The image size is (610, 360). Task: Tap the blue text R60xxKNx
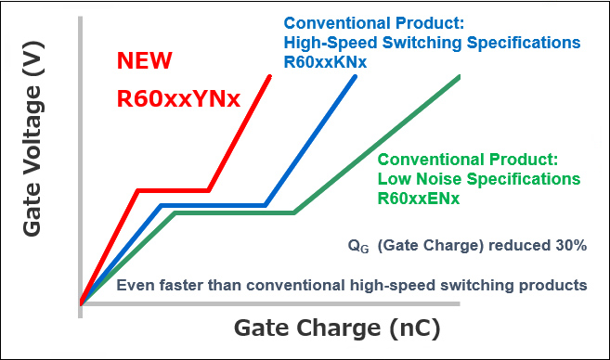point(326,62)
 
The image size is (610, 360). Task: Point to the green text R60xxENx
point(419,198)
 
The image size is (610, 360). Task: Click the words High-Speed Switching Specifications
point(432,43)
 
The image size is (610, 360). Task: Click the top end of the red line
point(270,76)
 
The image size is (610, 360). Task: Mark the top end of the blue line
point(357,76)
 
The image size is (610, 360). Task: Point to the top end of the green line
point(460,76)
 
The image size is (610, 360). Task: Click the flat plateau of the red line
point(173,191)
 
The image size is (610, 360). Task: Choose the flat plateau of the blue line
point(213,206)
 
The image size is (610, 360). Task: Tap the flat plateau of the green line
point(234,212)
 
